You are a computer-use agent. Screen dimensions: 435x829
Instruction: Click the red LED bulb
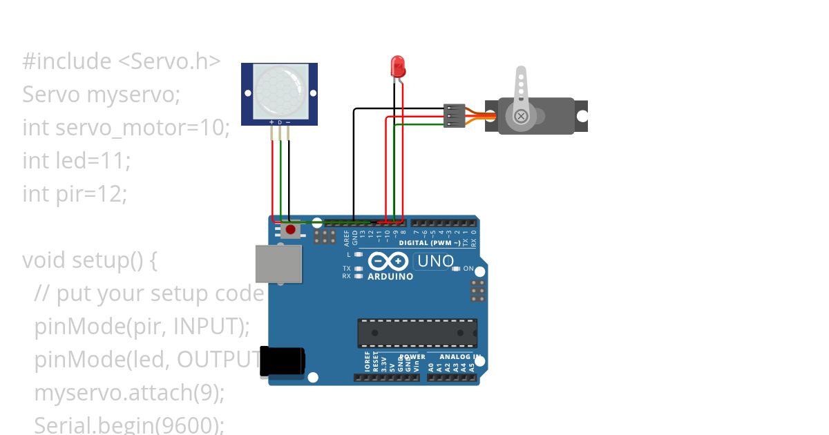click(398, 66)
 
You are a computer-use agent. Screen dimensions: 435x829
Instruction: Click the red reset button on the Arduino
click(291, 229)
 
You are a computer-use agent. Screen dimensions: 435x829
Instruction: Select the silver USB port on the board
click(278, 263)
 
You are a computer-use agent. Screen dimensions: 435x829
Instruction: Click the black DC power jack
click(282, 361)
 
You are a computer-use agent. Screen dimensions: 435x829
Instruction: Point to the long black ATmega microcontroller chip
click(417, 333)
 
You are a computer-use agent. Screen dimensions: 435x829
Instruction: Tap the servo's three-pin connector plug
click(453, 115)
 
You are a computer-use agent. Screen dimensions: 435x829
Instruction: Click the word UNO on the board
click(435, 262)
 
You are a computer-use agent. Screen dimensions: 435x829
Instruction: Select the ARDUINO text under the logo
click(390, 277)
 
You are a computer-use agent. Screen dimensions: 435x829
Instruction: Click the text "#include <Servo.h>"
click(121, 61)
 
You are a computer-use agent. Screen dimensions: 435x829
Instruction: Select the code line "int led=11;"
click(76, 161)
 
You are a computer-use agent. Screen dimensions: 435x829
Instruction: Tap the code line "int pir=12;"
click(75, 194)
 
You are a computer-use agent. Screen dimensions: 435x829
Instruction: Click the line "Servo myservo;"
click(101, 95)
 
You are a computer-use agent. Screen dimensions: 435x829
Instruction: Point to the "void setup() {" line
click(90, 260)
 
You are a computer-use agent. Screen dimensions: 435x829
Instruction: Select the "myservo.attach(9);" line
click(129, 393)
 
